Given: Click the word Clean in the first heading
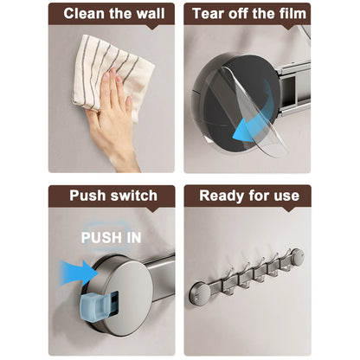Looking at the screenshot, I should [x=85, y=14].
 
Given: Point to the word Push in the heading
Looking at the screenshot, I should [x=87, y=196].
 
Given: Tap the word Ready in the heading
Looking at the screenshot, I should [x=222, y=196].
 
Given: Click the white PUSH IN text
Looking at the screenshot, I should [x=112, y=236].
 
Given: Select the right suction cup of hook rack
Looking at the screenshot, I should [x=297, y=256].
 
